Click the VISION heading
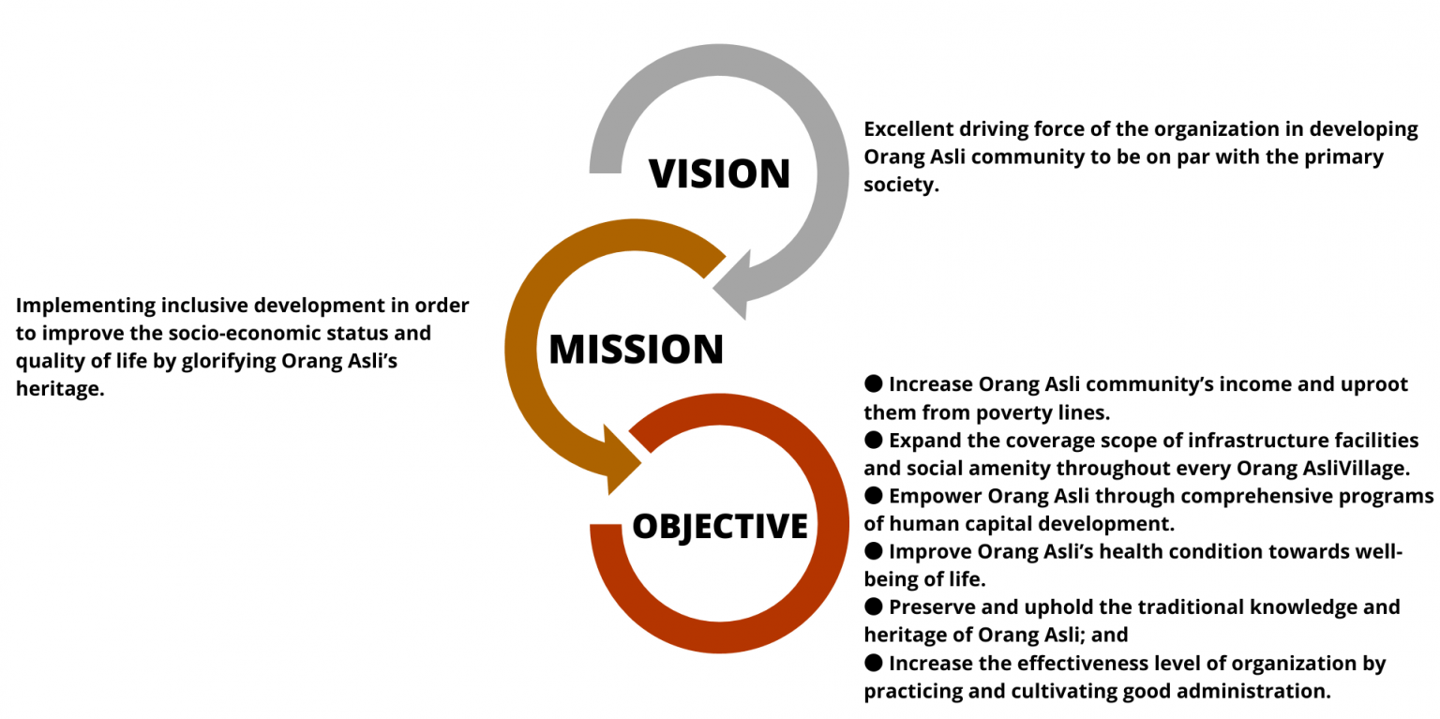click(719, 172)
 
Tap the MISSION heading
click(636, 349)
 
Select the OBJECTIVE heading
click(720, 526)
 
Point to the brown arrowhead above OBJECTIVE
click(621, 459)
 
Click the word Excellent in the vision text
click(908, 129)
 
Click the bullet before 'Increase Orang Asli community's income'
click(873, 383)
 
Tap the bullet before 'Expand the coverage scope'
click(873, 440)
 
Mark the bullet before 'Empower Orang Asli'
click(873, 495)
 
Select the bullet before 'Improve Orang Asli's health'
click(873, 550)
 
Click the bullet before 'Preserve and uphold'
click(873, 606)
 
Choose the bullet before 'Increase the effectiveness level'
click(873, 663)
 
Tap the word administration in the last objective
click(1252, 692)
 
